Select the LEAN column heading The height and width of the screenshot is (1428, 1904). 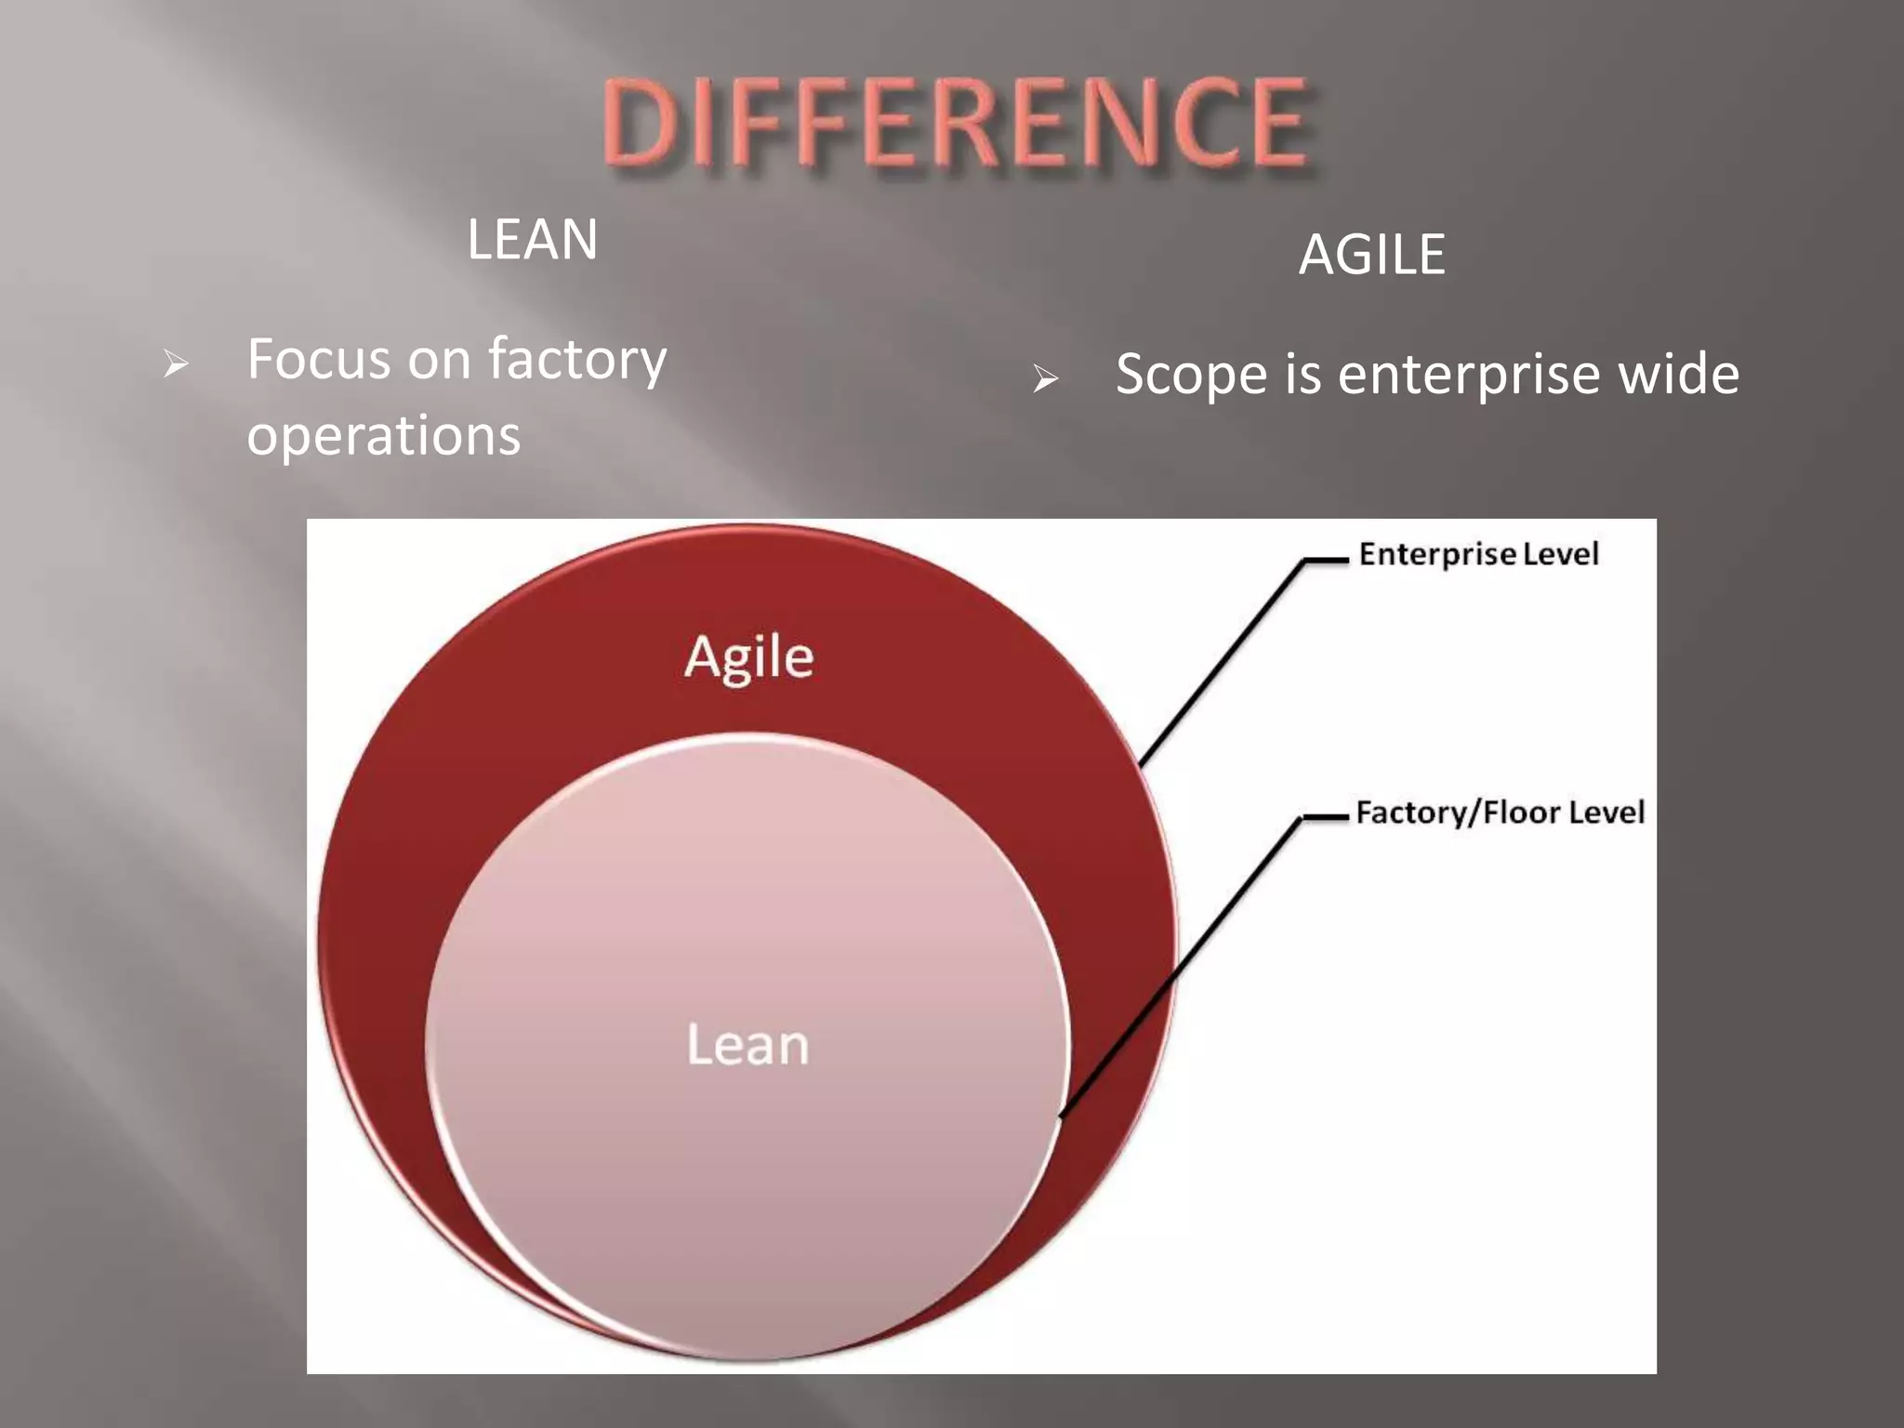(532, 240)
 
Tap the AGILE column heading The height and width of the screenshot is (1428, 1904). (1372, 255)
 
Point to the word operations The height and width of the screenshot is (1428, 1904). (383, 435)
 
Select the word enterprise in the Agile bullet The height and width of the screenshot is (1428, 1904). (1469, 376)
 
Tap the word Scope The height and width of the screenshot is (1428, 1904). (1191, 376)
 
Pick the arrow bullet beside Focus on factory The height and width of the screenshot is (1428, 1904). (175, 364)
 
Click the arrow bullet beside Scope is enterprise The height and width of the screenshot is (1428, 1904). (1045, 378)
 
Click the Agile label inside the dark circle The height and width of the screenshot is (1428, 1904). (748, 657)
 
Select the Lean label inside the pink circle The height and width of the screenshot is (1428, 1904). (747, 1045)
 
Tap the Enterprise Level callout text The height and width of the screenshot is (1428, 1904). (1478, 554)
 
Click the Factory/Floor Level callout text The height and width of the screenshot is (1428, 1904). (1500, 813)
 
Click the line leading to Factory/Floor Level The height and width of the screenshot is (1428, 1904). (1181, 967)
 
